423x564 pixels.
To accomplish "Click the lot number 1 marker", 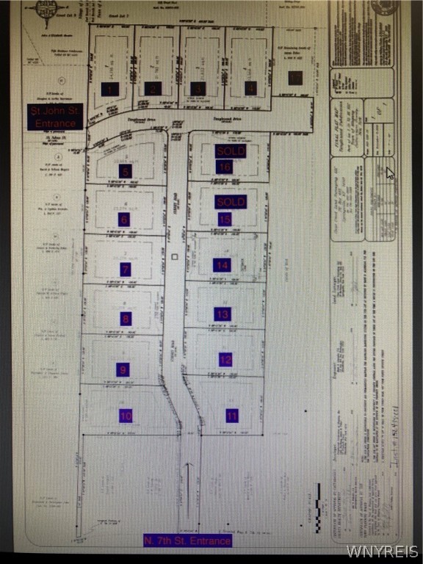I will [110, 89].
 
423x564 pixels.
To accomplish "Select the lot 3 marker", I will [198, 89].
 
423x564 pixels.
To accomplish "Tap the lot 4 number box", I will [251, 88].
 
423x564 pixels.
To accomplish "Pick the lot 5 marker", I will [126, 171].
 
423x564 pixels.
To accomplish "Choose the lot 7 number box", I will [126, 270].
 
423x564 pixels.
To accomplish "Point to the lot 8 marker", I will [126, 319].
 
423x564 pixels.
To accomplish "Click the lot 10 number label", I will [126, 416].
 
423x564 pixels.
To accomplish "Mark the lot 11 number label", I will [232, 416].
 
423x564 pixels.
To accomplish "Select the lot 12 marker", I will [225, 360].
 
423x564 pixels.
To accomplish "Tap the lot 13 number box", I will [223, 314].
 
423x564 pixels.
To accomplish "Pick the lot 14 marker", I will [222, 265].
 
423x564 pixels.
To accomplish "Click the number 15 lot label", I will [225, 219].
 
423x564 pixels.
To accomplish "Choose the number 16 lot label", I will [225, 167].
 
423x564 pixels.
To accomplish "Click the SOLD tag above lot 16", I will [230, 151].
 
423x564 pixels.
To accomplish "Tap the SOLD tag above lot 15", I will [230, 201].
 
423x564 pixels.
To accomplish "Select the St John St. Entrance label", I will [55, 117].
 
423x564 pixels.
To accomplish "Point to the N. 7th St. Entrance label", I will [187, 541].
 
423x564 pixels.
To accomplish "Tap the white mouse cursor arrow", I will [390, 173].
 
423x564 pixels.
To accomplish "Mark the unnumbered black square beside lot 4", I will [295, 78].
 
